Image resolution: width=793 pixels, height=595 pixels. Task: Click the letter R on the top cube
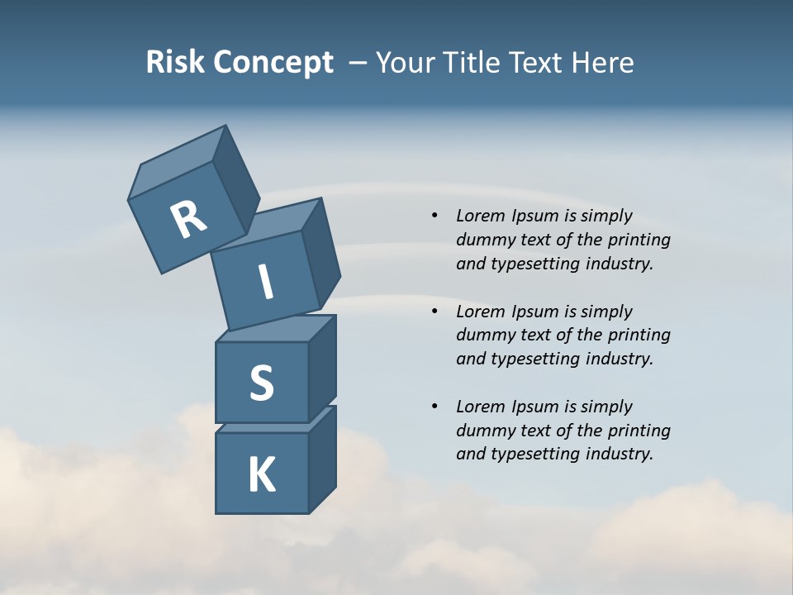(x=188, y=220)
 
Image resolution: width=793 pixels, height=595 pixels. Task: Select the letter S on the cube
(x=261, y=383)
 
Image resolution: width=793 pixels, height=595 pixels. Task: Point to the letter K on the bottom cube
(x=261, y=475)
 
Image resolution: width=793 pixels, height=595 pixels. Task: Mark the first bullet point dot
(x=434, y=216)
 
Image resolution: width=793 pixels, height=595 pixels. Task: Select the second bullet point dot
(x=434, y=312)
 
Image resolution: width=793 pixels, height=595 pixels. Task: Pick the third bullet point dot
(x=434, y=407)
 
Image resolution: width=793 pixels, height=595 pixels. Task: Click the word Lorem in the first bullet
(x=479, y=216)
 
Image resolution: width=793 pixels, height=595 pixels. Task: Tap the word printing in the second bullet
(x=639, y=336)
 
